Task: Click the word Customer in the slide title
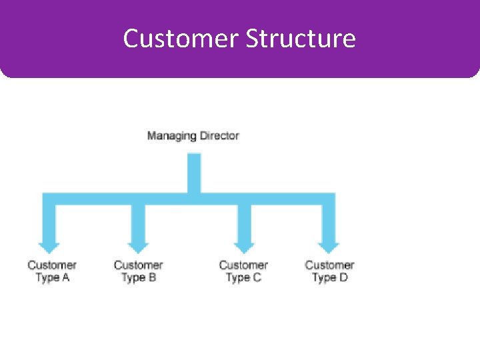[x=181, y=39]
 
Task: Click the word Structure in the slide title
[x=301, y=39]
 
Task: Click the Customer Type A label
[x=52, y=271]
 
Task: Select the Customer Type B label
[x=138, y=271]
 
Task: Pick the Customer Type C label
[x=243, y=271]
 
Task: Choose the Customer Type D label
[x=329, y=271]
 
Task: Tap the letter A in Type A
[x=65, y=277]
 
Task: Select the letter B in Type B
[x=152, y=277]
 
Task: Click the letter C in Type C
[x=257, y=277]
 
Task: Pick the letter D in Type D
[x=343, y=277]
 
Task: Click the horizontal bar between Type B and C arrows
[x=191, y=199]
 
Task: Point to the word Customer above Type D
[x=329, y=265]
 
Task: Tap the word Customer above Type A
[x=52, y=265]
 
